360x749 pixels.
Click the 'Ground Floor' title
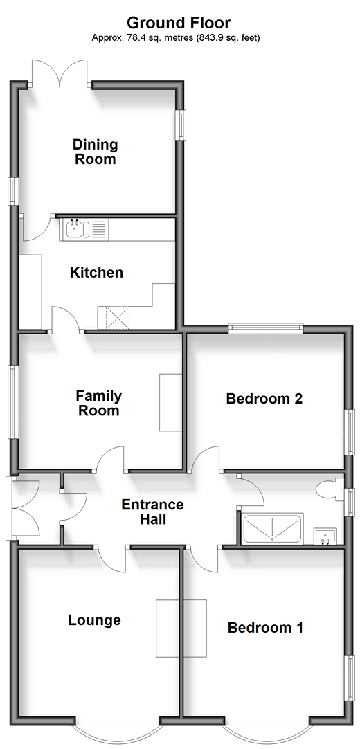179,22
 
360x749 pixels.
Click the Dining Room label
95,152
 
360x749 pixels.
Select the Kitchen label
96,273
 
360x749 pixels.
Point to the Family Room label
99,403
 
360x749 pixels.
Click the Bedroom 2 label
264,399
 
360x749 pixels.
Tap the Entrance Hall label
152,512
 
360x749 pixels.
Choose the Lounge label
94,620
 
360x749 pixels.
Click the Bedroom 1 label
265,627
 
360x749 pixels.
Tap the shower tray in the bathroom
271,530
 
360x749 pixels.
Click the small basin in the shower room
325,536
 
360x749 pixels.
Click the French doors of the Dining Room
60,73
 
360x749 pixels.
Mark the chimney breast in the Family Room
171,402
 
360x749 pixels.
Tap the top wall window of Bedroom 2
266,327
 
